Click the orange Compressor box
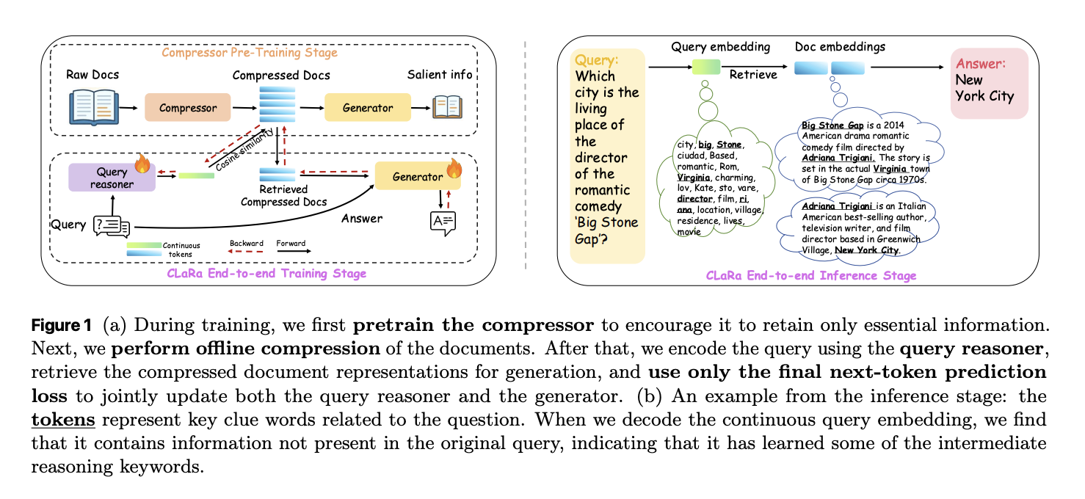click(188, 108)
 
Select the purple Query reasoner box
click(112, 178)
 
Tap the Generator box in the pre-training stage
click(367, 108)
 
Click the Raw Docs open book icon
click(93, 107)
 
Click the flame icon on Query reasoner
click(142, 163)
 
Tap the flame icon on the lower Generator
click(454, 168)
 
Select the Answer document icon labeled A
click(443, 222)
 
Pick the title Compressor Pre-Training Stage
click(250, 53)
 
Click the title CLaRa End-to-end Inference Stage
click(811, 276)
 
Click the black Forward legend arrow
click(292, 252)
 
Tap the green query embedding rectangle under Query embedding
click(707, 68)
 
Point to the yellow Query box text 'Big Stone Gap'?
click(606, 230)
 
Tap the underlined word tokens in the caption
click(62, 420)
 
